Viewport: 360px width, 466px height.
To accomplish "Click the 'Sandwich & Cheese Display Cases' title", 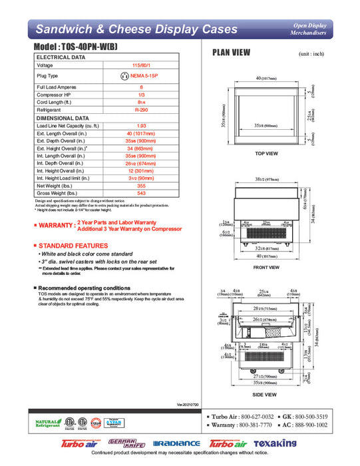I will (136, 29).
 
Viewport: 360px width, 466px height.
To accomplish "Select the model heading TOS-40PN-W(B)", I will (91, 49).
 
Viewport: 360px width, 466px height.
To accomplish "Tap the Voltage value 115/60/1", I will (140, 65).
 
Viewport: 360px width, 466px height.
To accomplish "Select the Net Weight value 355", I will (140, 185).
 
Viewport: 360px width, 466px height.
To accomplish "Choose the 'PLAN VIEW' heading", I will (231, 53).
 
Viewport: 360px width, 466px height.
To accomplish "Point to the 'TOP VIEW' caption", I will (266, 154).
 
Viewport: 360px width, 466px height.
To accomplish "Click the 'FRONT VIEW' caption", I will (266, 268).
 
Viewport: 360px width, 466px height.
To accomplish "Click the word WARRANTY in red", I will (55, 226).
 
